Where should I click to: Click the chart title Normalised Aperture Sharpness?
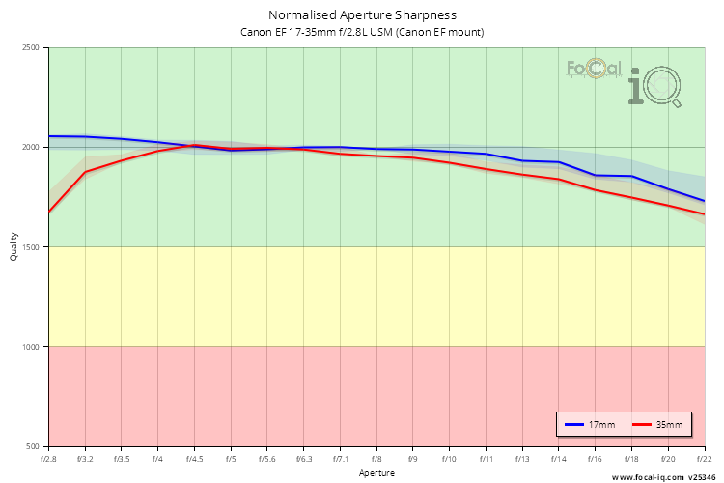pos(362,15)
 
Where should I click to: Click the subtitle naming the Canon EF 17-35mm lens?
pos(362,32)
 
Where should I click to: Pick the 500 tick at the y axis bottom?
pos(32,446)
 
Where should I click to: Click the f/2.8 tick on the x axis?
pos(48,460)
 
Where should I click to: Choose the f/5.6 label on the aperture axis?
pos(267,460)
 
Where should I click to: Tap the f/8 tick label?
pos(376,460)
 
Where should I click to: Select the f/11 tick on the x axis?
pos(487,460)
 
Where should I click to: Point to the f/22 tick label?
pos(704,460)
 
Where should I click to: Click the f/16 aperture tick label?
pos(596,460)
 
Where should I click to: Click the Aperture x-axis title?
pos(376,473)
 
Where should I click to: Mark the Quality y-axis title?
pos(14,247)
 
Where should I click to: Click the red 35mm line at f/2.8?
pos(49,212)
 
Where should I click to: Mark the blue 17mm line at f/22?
pos(704,201)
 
